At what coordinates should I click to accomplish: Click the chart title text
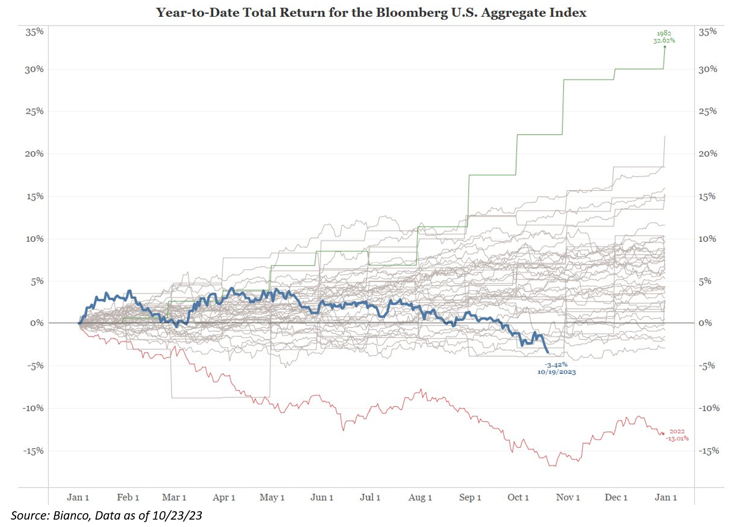371,12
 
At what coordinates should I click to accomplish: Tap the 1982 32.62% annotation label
664,37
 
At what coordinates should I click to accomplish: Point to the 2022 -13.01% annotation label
677,435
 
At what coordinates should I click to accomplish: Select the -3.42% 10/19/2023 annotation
557,368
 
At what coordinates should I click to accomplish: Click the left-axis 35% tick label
35,32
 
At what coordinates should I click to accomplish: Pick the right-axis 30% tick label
708,69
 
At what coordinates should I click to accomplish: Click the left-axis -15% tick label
33,451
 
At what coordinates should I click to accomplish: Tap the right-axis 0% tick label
705,323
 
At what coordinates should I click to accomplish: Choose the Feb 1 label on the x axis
128,497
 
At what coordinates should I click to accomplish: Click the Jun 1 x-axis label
321,497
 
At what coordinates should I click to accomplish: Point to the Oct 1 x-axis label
518,497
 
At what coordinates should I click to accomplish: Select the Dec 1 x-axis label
616,497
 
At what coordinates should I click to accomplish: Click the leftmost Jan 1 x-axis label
78,497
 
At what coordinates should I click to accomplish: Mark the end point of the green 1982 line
665,47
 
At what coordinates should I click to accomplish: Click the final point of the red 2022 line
663,433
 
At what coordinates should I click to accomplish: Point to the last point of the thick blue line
548,352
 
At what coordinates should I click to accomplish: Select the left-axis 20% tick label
35,154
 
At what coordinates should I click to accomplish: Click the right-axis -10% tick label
709,408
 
